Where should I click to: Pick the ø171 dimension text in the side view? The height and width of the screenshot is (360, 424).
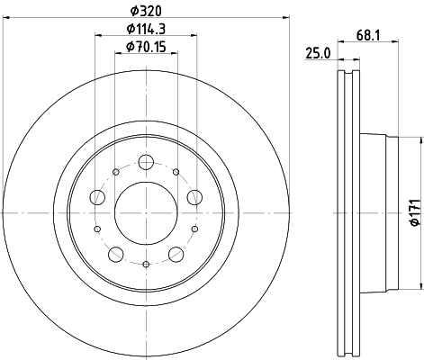coord(413,213)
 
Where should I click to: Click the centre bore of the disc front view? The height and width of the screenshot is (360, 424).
coord(145,213)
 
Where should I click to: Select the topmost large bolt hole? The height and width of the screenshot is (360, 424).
coord(145,163)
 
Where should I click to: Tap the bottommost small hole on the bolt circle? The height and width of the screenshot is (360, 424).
coord(145,265)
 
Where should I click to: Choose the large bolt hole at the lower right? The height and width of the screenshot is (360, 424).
coord(175,255)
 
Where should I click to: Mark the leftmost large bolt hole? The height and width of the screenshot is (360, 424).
coord(96,198)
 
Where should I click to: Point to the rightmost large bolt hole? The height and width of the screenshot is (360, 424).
coord(194,198)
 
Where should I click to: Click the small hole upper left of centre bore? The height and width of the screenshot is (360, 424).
coord(115,172)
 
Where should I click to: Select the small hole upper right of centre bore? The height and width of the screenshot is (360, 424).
coord(176,172)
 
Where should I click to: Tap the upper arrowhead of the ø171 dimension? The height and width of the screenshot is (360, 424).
coord(420,142)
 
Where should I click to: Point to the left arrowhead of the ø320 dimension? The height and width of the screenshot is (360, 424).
coord(6,17)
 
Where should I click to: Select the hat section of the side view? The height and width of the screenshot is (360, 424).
coord(378,213)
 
